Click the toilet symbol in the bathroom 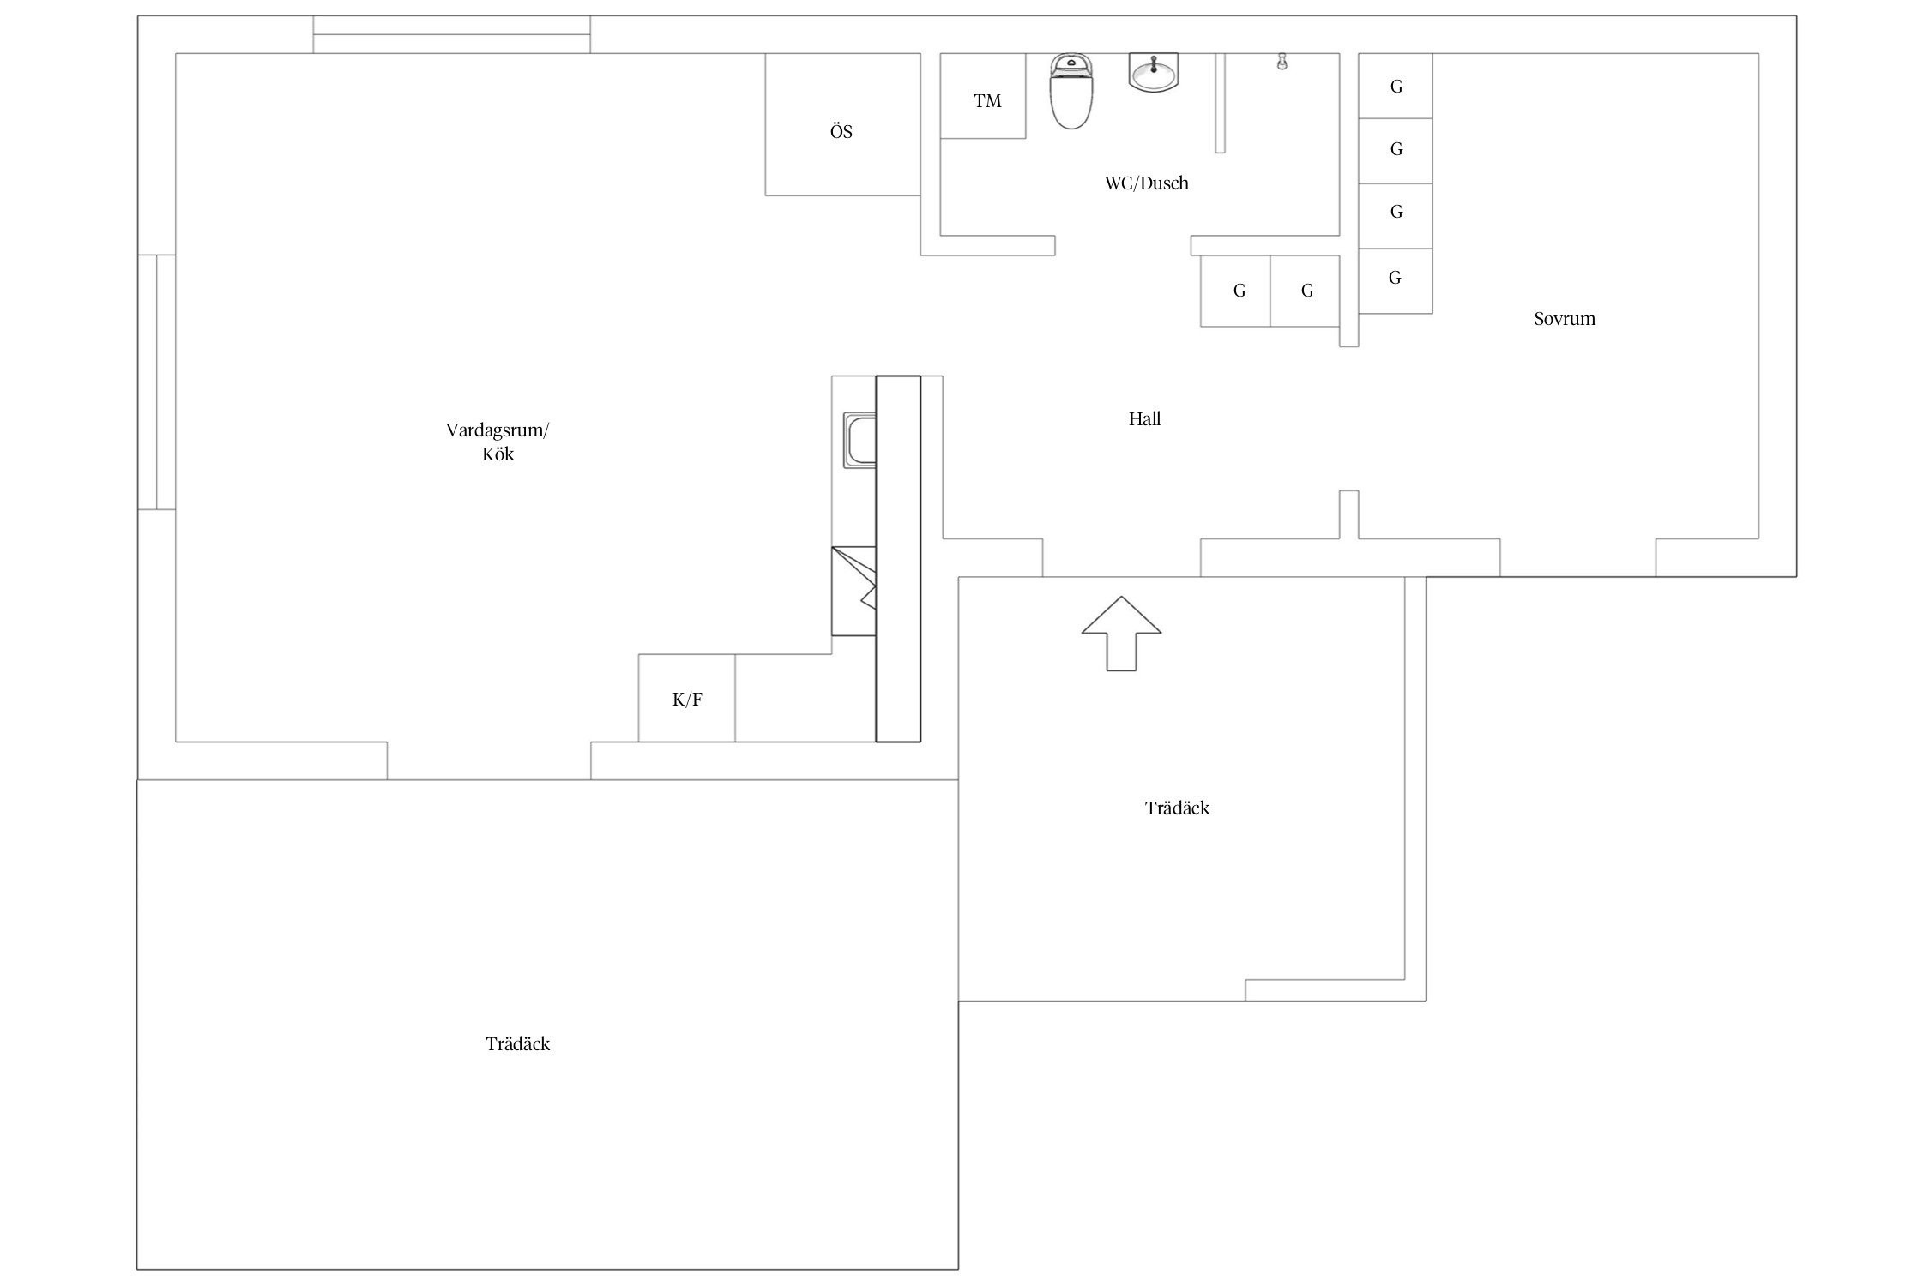coord(1071,91)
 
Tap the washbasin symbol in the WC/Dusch coord(1154,72)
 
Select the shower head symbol coord(1282,62)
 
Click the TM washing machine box coord(983,96)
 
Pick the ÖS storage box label coord(841,131)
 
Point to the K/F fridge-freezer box coord(687,698)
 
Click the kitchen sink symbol coord(859,441)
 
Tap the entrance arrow coord(1121,634)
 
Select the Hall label coord(1144,418)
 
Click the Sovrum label coord(1565,319)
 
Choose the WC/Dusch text coord(1147,183)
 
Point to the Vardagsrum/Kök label coord(498,442)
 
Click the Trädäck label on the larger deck coord(517,1043)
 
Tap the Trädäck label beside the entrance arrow coord(1177,808)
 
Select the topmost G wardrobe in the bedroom coord(1396,86)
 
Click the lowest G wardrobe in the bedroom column coord(1396,281)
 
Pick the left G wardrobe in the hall coord(1235,291)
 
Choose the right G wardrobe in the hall coord(1305,291)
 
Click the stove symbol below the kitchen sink coord(854,591)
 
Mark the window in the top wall coord(451,34)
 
